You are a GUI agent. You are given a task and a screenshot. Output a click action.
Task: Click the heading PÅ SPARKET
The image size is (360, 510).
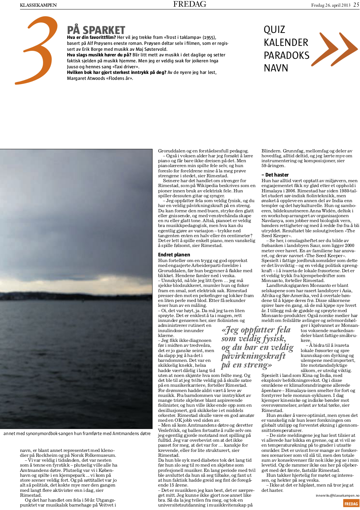(x=96, y=30)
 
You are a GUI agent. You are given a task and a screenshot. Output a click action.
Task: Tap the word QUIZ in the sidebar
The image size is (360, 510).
(x=274, y=30)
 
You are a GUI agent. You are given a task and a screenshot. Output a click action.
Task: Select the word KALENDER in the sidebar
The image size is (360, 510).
(x=286, y=43)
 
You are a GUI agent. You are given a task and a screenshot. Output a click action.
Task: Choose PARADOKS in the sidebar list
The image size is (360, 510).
(x=286, y=55)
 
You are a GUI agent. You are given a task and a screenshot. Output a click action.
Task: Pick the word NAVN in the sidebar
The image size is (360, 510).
(x=276, y=68)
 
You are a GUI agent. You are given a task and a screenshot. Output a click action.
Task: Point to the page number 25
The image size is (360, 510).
(x=356, y=5)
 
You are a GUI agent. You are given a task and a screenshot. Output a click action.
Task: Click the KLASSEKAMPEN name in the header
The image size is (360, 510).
(x=38, y=5)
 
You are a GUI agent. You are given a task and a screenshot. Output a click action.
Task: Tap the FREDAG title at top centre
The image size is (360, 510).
(x=190, y=4)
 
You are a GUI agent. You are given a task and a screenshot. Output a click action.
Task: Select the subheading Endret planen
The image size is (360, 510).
(x=174, y=255)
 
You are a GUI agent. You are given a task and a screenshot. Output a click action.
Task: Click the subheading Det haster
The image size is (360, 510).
(x=275, y=175)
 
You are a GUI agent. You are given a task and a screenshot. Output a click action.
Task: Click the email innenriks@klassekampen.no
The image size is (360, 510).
(x=337, y=496)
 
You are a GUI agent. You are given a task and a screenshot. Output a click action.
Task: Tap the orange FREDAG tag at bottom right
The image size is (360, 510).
(x=351, y=504)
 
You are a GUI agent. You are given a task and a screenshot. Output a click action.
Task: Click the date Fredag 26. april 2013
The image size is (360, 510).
(x=331, y=5)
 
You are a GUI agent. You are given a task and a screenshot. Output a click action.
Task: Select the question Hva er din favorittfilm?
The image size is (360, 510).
(x=91, y=37)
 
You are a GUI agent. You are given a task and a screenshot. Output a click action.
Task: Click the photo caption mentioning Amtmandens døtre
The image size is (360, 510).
(x=77, y=434)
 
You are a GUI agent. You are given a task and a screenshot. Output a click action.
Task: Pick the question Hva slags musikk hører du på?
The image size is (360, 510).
(x=99, y=55)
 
